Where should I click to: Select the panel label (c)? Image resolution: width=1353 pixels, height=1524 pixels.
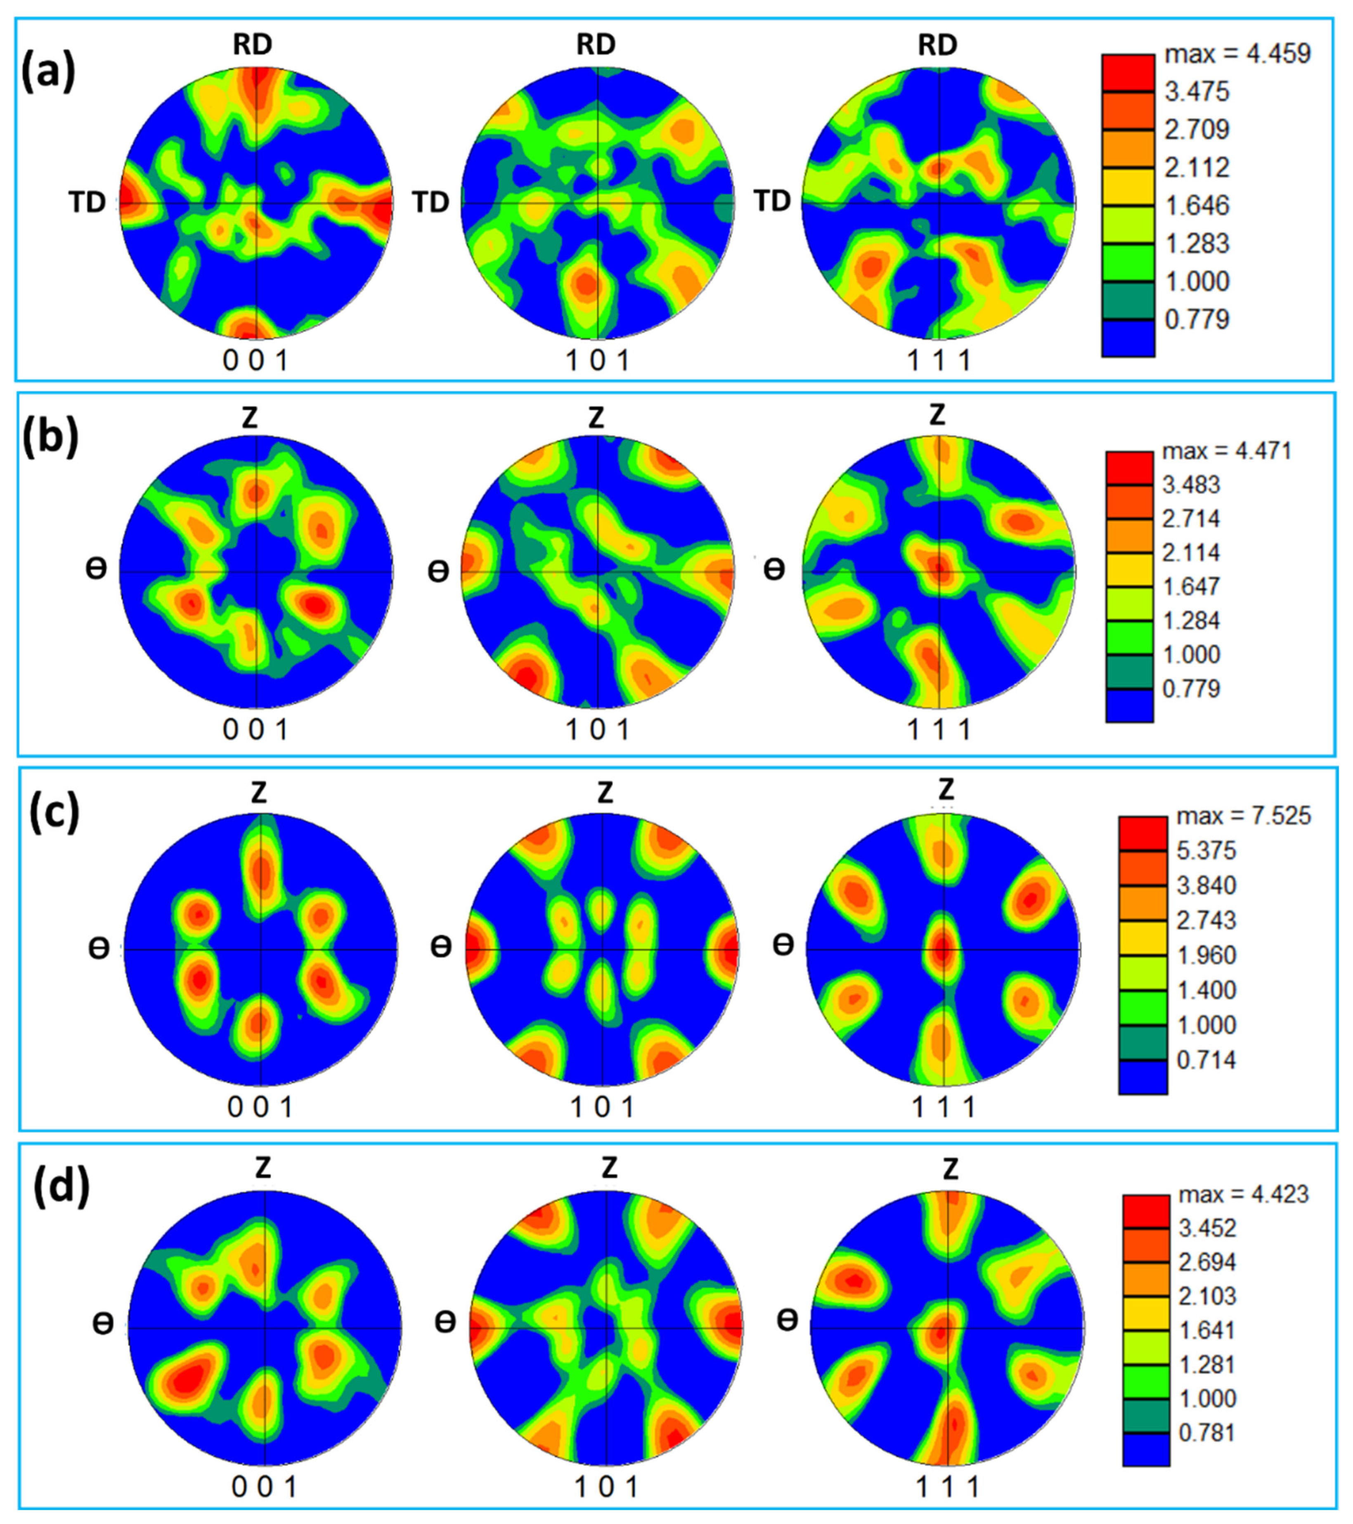(54, 814)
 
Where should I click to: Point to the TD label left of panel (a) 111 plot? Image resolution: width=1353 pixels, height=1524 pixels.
(772, 201)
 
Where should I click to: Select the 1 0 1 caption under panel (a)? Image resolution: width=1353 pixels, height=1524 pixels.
(598, 361)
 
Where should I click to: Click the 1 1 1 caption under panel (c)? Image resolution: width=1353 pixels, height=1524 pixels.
(944, 1108)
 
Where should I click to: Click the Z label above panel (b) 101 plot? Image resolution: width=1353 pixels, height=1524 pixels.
(596, 418)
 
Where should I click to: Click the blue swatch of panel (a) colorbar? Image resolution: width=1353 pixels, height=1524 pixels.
(1128, 338)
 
